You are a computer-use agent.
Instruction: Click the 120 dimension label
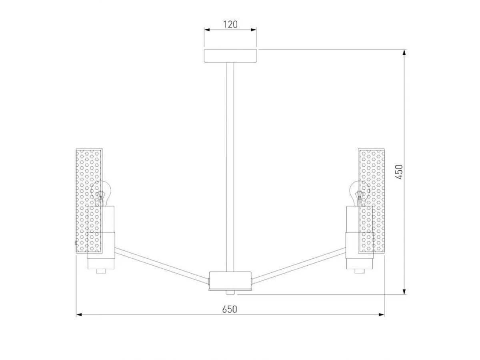(230, 24)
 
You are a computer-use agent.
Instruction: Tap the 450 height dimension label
(399, 172)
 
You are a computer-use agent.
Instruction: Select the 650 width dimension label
(230, 309)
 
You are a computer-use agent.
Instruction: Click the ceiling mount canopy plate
(230, 56)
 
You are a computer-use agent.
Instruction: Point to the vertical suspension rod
(230, 167)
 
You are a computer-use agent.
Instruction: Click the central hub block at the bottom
(230, 281)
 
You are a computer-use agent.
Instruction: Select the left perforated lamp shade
(89, 201)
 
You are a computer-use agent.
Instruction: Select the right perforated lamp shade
(371, 201)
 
